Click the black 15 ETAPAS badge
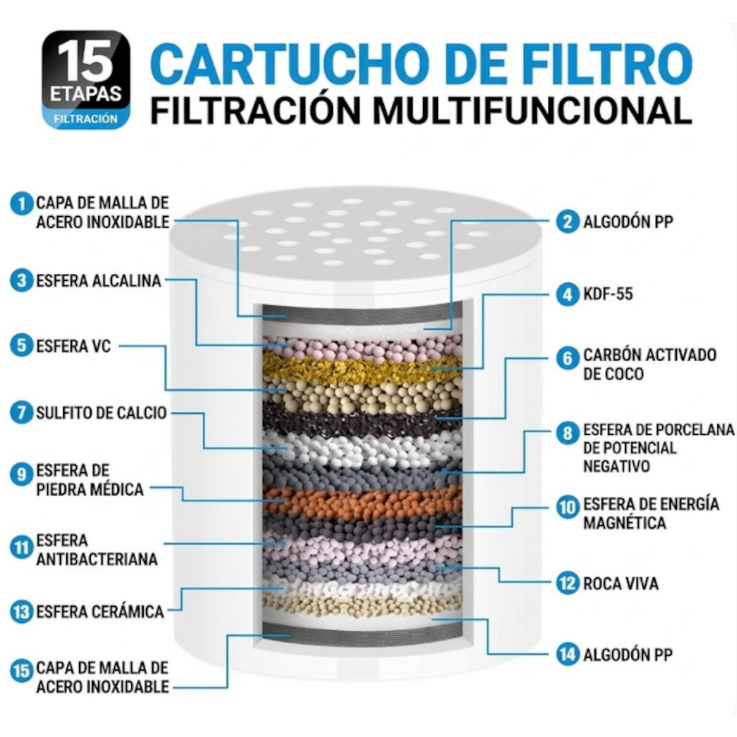coord(85,79)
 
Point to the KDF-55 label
coord(609,294)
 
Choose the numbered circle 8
coord(568,433)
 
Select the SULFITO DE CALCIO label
coord(102,413)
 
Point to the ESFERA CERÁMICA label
coord(100,612)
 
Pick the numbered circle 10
coord(568,507)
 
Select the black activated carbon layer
coord(361,419)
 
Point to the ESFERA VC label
coord(74,346)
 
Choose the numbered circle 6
coord(568,359)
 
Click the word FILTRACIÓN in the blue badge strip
coord(85,119)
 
